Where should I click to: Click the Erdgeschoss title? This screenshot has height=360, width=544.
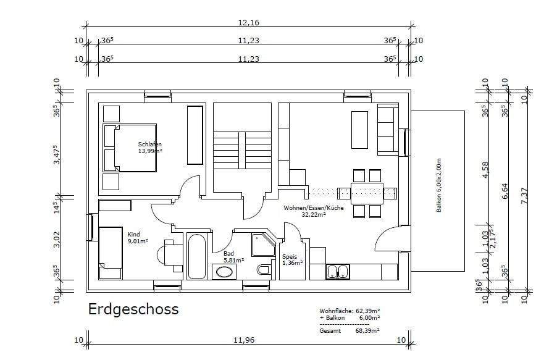[133, 309]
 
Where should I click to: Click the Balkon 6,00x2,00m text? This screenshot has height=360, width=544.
[439, 185]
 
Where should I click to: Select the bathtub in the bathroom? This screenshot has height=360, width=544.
[198, 256]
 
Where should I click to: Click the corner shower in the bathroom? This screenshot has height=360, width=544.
[263, 243]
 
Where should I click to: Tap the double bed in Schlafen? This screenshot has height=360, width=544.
[130, 148]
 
